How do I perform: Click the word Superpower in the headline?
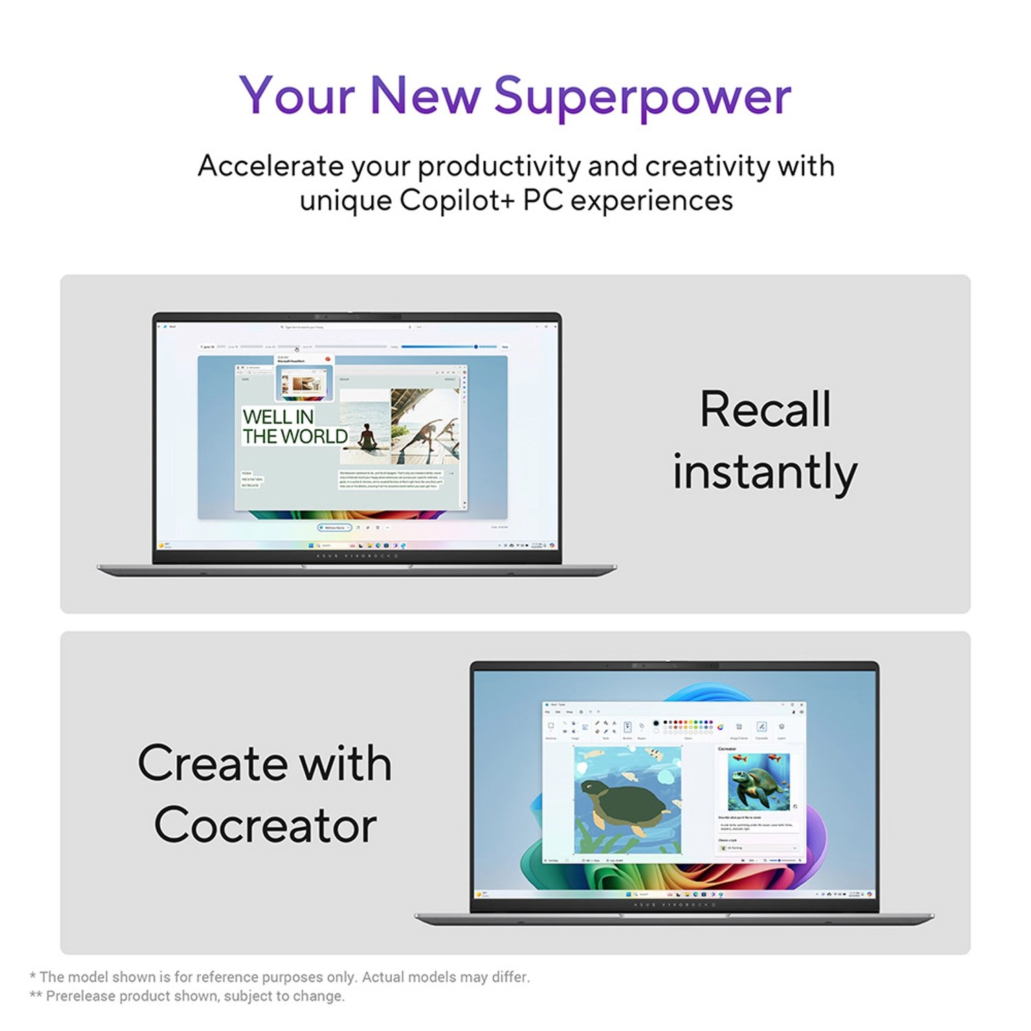click(x=643, y=96)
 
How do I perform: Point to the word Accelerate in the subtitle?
click(x=270, y=166)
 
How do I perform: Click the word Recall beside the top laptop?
click(x=765, y=410)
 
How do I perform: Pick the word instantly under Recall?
click(x=765, y=473)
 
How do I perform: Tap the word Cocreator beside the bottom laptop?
click(x=265, y=825)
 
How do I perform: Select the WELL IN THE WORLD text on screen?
click(x=294, y=427)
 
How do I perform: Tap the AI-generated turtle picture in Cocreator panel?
click(x=758, y=781)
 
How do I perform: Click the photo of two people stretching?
click(x=425, y=426)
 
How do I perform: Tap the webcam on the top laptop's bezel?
click(x=357, y=317)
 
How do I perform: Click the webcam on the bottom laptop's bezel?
click(x=674, y=665)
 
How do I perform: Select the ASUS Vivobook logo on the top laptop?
click(x=357, y=555)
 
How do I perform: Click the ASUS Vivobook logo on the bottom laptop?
click(x=674, y=905)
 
